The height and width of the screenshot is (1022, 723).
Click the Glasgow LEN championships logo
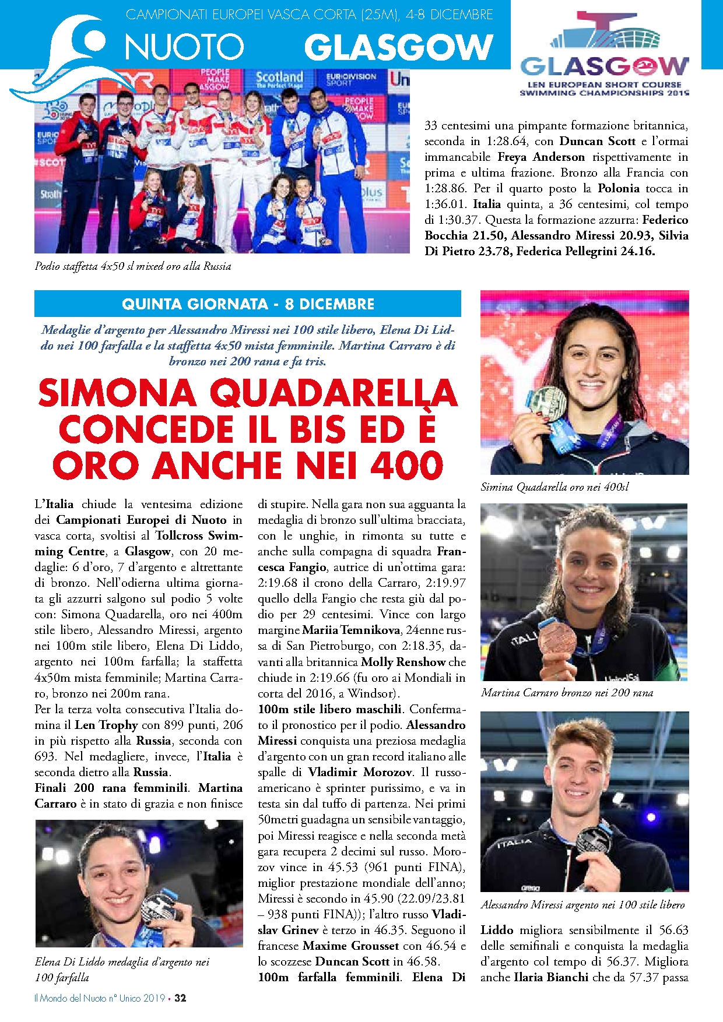(x=604, y=55)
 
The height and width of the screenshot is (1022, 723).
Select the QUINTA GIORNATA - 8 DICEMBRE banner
(x=248, y=304)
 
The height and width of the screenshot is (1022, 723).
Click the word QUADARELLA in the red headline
(x=334, y=393)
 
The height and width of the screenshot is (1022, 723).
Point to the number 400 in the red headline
(x=407, y=466)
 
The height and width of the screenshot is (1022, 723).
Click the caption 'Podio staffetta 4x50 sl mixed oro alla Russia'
(x=133, y=266)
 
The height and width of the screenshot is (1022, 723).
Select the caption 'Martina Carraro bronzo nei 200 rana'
(x=567, y=693)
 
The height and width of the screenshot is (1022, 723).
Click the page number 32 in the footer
(x=180, y=998)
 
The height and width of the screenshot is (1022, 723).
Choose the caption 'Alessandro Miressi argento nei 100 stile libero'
(x=582, y=905)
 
